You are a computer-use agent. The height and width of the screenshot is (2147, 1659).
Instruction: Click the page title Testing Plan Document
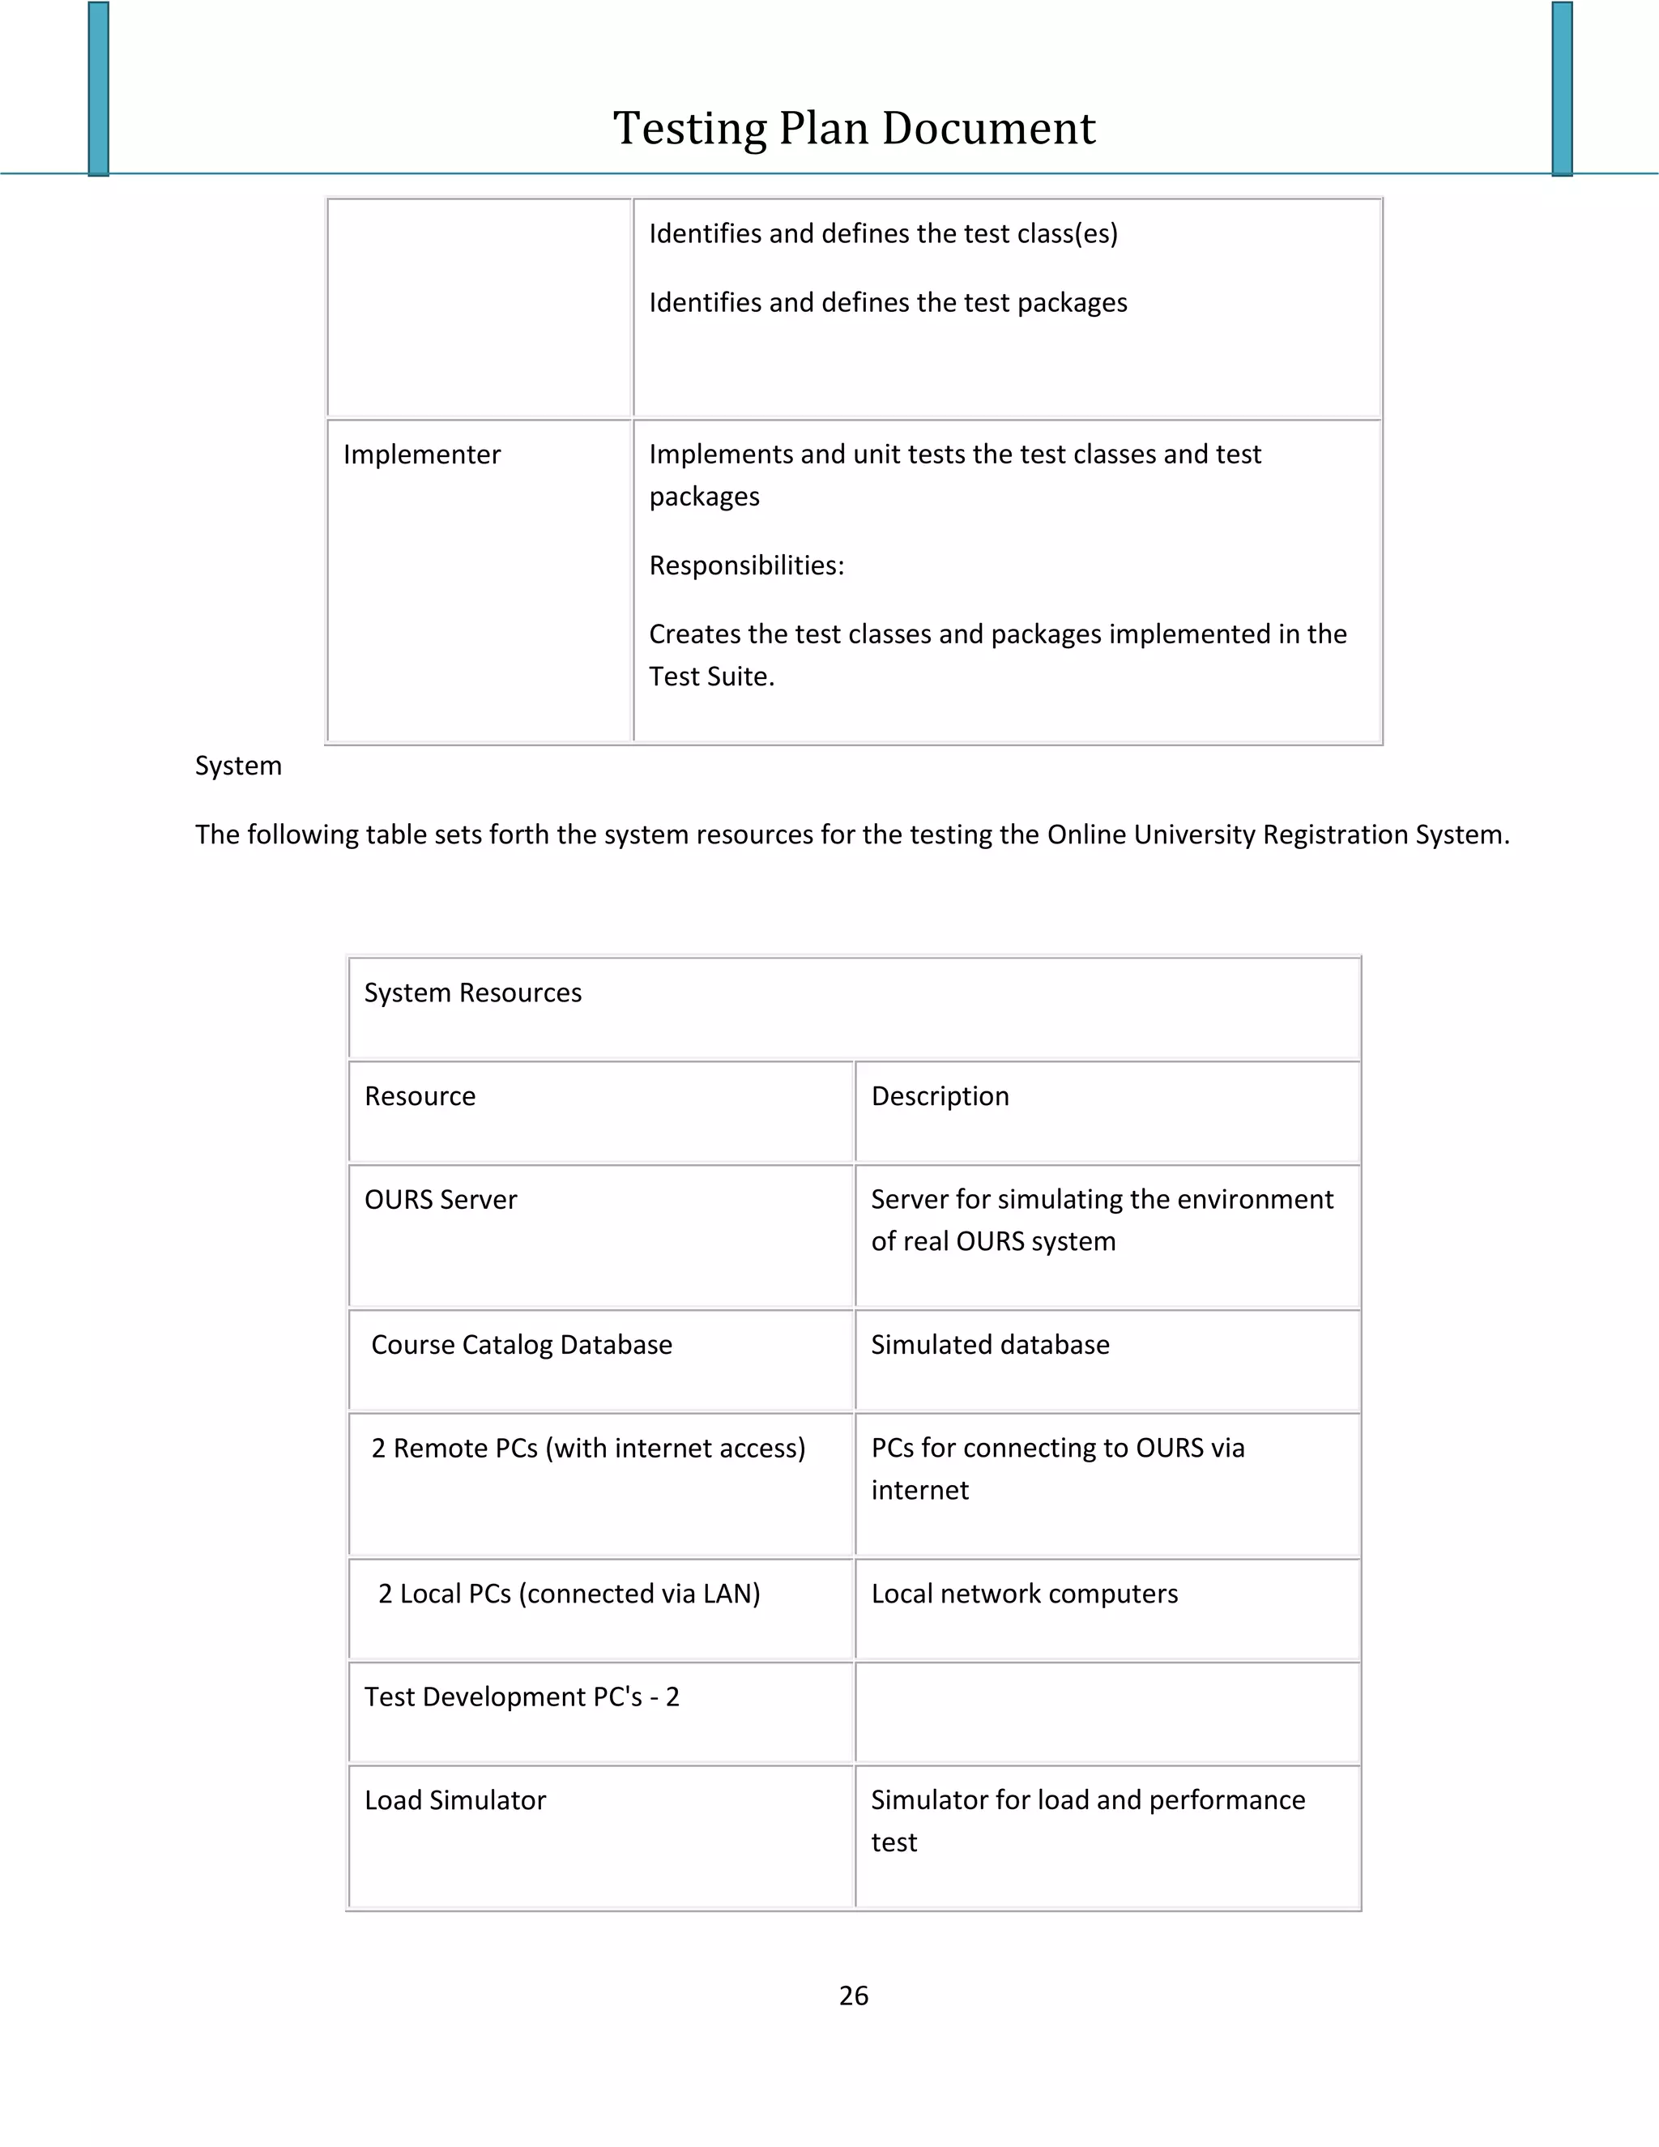[x=853, y=129]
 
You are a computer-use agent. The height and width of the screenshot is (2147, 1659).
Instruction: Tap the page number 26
[x=853, y=1995]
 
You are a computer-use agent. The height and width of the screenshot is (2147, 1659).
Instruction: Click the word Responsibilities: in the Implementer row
[x=746, y=566]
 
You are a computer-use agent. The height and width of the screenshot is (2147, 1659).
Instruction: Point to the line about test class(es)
[x=883, y=234]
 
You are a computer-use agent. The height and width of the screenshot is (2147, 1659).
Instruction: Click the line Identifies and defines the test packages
[x=888, y=303]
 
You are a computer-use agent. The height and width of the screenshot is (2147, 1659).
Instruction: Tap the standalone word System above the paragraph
[x=238, y=766]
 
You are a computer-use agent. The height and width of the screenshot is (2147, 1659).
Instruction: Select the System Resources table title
[x=473, y=993]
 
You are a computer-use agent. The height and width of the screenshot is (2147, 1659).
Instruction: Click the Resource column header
[x=420, y=1096]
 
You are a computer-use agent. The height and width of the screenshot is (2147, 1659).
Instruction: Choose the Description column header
[x=940, y=1096]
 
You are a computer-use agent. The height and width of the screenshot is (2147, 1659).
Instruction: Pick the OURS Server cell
[x=441, y=1199]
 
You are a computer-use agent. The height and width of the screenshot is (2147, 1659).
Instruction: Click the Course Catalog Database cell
[x=521, y=1345]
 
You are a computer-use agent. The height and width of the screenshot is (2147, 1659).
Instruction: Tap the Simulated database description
[x=990, y=1345]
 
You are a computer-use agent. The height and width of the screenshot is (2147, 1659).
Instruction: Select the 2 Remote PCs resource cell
[x=588, y=1448]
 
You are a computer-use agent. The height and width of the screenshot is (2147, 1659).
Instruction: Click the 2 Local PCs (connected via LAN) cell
[x=569, y=1594]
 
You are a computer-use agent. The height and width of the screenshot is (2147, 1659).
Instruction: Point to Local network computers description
[x=1024, y=1594]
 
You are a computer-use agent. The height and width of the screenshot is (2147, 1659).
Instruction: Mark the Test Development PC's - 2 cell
[x=522, y=1697]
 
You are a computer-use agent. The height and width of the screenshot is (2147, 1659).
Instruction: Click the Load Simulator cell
[x=455, y=1800]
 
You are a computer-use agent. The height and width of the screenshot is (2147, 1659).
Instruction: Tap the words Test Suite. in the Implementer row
[x=711, y=677]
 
